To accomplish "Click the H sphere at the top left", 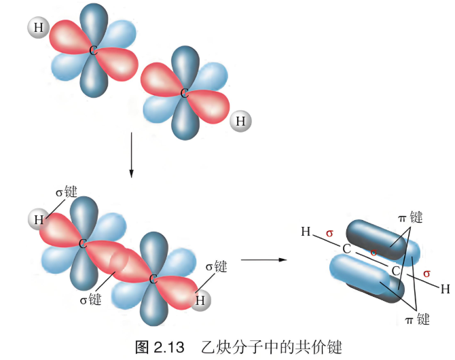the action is pos(38,28).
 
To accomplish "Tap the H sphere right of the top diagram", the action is pos(240,121).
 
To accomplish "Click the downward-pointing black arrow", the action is pos(131,155).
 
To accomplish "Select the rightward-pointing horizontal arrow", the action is pos(263,259).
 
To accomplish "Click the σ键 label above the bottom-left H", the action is pos(67,192).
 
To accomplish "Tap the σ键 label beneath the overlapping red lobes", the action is pos(90,300).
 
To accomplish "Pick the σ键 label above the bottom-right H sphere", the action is pos(216,266).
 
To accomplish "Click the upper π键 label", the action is pos(410,217).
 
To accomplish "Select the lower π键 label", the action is pos(417,319).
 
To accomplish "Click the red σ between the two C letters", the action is pos(374,252).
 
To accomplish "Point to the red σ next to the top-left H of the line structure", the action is pos(329,233).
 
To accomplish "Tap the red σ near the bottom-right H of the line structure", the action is pos(426,274).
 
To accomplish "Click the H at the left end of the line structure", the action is pos(306,232).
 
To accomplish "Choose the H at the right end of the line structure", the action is pos(445,289).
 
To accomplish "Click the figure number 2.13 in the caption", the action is pos(169,347).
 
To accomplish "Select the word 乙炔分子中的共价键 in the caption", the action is pos(272,347).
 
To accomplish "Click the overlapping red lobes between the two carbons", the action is pos(118,261).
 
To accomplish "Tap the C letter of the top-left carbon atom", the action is pos(93,50).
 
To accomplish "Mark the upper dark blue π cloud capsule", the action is pos(376,239).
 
